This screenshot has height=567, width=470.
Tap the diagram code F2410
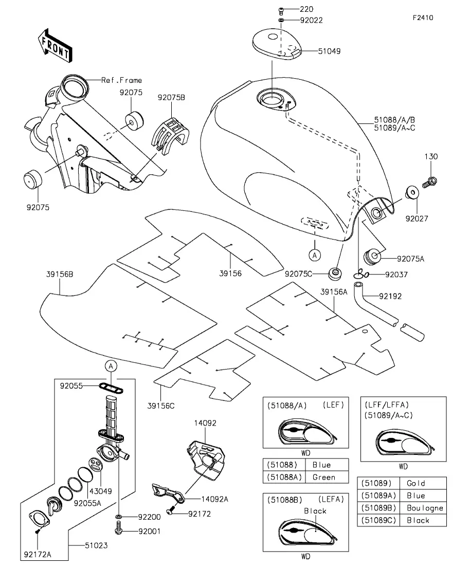coord(423,17)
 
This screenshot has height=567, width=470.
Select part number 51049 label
coord(329,51)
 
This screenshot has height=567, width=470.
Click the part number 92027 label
coord(416,218)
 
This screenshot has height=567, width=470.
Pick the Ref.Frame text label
coord(121,80)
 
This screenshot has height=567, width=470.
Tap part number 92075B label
coord(171,97)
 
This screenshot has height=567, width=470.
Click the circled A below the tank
coord(314,254)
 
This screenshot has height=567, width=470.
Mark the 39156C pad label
coord(161,406)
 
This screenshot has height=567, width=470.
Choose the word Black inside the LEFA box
coord(315,511)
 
